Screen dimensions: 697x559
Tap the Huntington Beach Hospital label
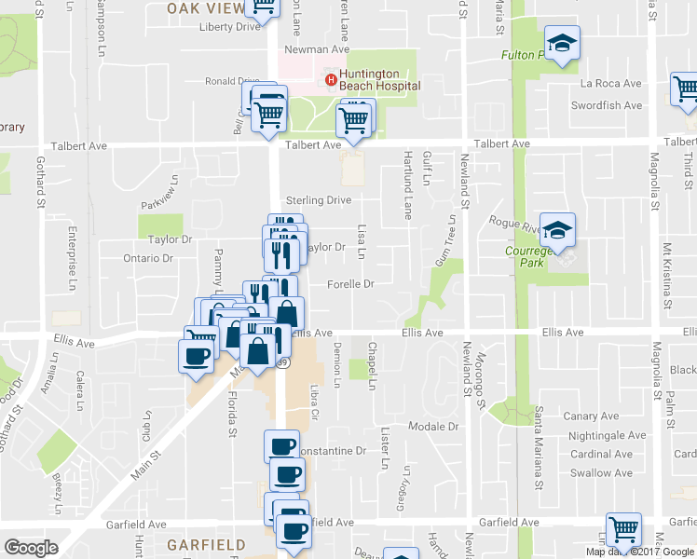tap(380, 80)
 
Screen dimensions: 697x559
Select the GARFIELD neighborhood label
tap(206, 544)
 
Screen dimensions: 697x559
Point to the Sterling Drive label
tap(319, 200)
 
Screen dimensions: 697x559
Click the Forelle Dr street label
tap(350, 284)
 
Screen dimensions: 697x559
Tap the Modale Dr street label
tap(434, 427)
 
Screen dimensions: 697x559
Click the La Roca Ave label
tap(611, 84)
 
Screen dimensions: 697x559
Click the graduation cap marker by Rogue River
tap(557, 229)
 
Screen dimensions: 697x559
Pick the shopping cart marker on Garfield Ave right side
tap(623, 529)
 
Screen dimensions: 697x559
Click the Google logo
tap(30, 548)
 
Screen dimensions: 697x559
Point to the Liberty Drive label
tap(229, 27)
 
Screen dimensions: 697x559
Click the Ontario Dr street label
tap(149, 258)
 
